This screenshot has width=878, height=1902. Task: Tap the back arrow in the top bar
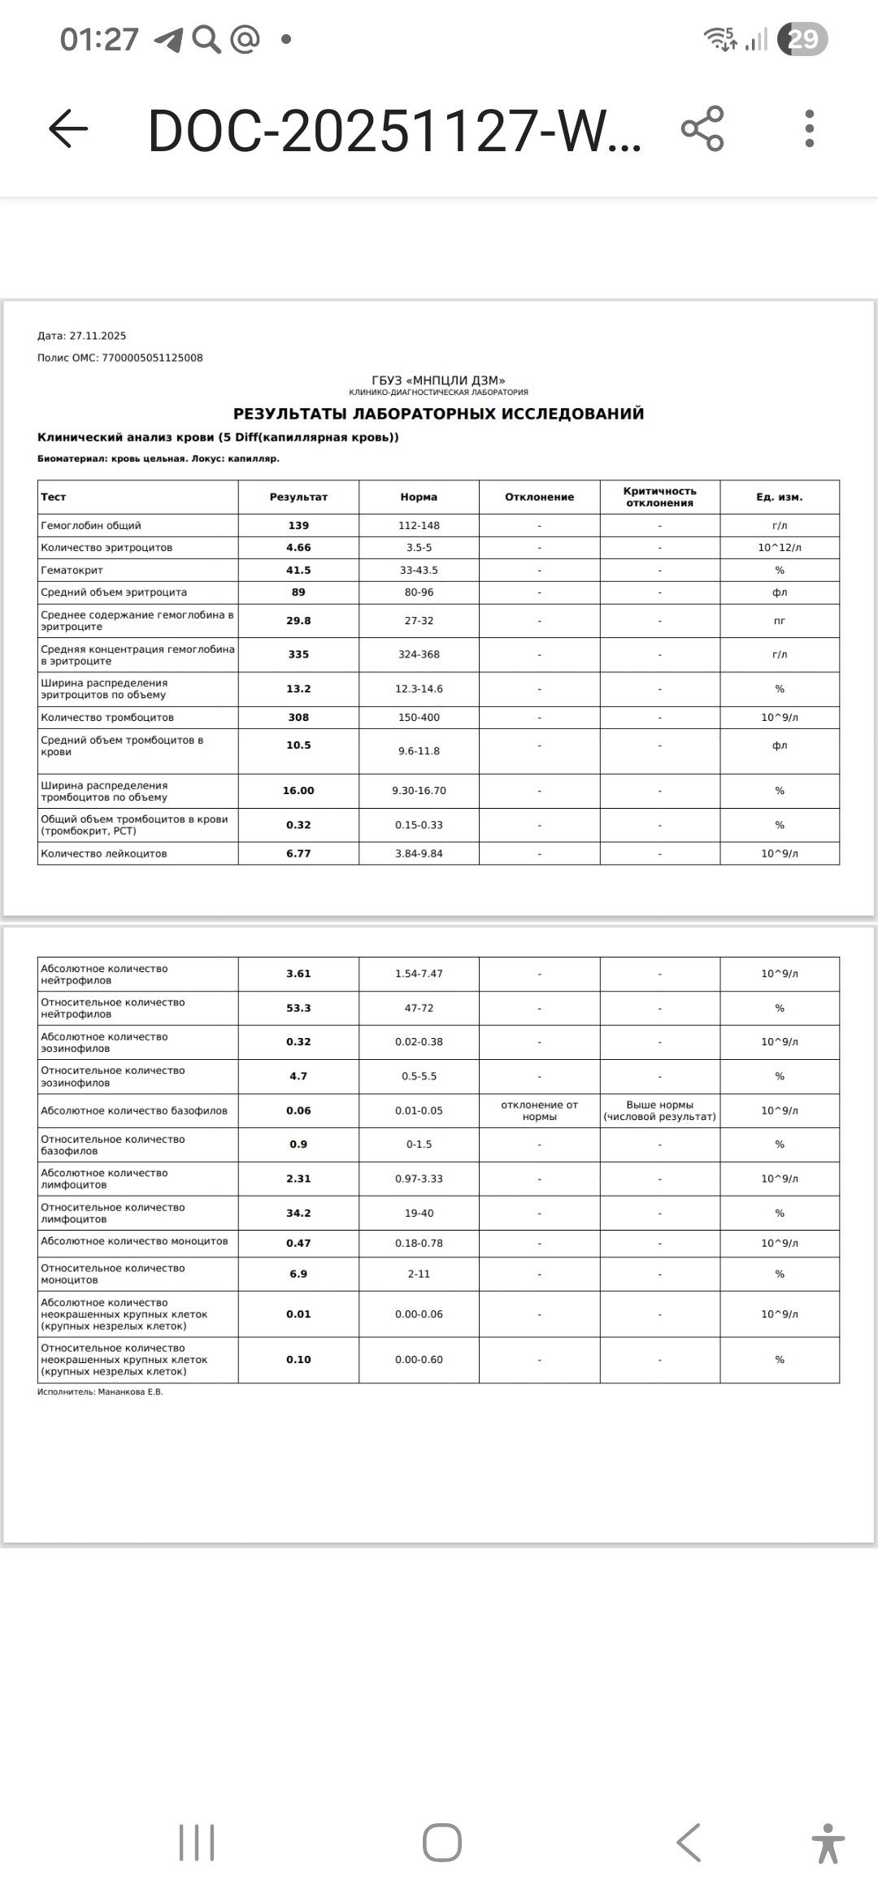(x=68, y=128)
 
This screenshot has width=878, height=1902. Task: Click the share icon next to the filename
(x=702, y=128)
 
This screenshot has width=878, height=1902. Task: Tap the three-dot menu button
(x=809, y=128)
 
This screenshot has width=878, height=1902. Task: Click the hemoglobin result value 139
(x=298, y=525)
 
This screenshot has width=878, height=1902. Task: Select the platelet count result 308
(x=298, y=717)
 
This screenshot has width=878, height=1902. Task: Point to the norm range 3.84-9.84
(x=419, y=853)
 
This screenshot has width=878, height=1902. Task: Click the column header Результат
(x=298, y=497)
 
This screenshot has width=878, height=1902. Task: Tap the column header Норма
(x=419, y=497)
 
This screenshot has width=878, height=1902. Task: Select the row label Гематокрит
(x=72, y=570)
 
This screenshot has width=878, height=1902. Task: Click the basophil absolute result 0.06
(x=298, y=1110)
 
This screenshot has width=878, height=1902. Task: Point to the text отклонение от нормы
(x=539, y=1110)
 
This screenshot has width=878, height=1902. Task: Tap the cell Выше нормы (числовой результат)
(x=659, y=1110)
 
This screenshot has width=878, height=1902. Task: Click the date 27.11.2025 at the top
(x=98, y=336)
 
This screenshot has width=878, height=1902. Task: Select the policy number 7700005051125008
(x=152, y=358)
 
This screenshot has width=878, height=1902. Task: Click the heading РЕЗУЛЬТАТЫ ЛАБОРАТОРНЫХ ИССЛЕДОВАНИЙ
(x=438, y=414)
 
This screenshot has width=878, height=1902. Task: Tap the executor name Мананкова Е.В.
(x=130, y=1392)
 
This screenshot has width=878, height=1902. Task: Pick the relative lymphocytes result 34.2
(x=298, y=1213)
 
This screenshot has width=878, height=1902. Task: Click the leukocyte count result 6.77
(x=298, y=853)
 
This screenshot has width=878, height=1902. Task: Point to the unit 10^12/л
(x=779, y=547)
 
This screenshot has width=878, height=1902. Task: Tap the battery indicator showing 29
(x=802, y=39)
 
